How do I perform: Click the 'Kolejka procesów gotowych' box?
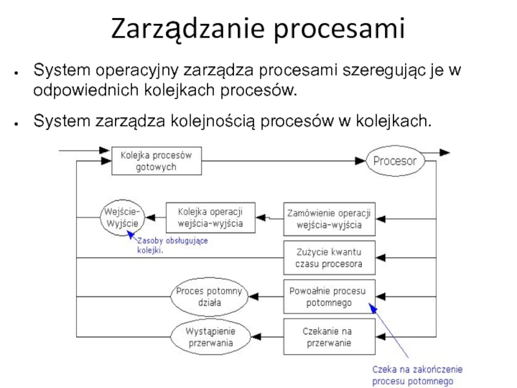point(156,160)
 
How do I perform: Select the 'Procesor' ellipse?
point(395,160)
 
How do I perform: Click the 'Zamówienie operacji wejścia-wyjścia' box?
point(329,219)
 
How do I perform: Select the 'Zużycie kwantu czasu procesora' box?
point(329,257)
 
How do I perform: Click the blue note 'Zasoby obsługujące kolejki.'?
point(172,246)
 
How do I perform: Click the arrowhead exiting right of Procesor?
point(444,153)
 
